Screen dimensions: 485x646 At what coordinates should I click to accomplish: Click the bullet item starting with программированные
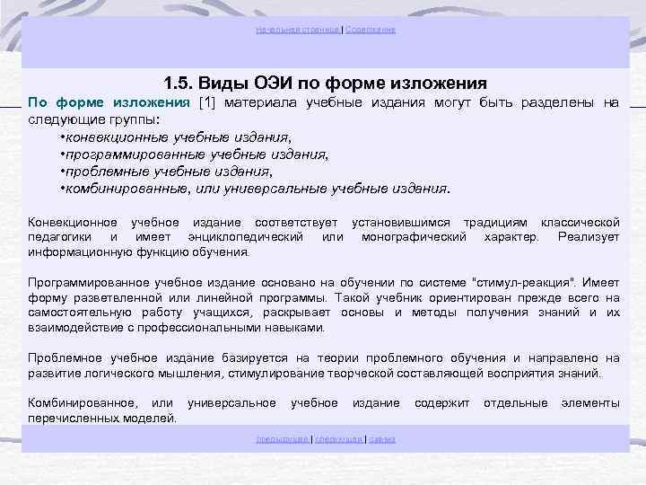(194, 154)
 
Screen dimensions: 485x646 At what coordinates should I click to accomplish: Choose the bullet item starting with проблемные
(166, 171)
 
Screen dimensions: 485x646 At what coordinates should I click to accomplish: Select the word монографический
(414, 236)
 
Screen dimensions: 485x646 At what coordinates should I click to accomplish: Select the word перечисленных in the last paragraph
(71, 418)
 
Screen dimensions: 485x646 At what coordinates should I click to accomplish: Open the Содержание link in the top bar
(371, 30)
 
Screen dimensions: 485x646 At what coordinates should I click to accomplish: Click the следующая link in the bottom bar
(337, 439)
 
